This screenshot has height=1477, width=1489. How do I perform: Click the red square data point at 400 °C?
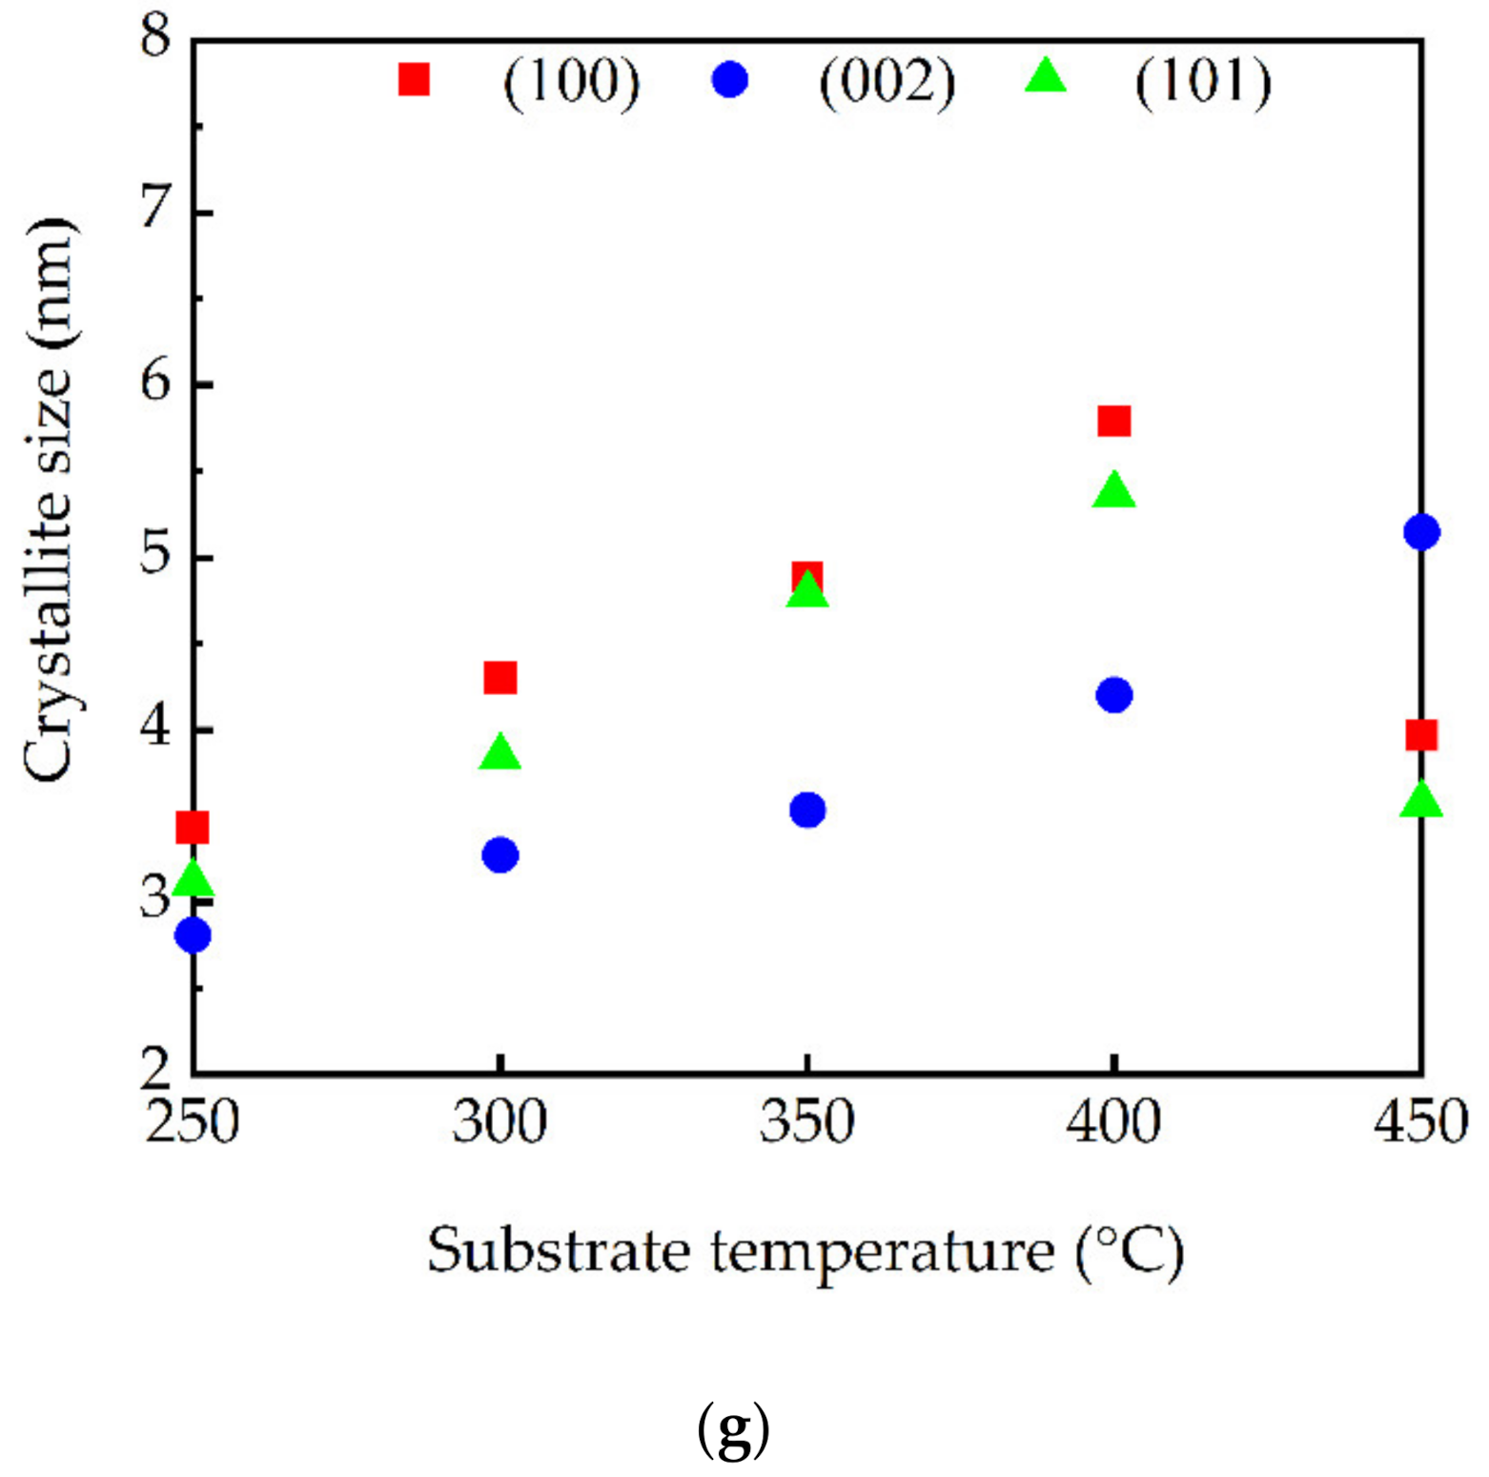pyautogui.click(x=1113, y=421)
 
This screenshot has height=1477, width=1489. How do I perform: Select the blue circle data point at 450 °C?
pyautogui.click(x=1420, y=532)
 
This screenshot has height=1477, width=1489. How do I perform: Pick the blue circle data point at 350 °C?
pyautogui.click(x=807, y=810)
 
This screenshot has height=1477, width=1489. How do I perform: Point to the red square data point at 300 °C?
pyautogui.click(x=500, y=678)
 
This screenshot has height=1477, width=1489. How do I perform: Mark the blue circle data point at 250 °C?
pyautogui.click(x=194, y=935)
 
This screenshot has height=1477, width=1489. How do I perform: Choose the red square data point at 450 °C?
pyautogui.click(x=1420, y=735)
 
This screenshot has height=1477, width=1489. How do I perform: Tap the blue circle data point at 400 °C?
pyautogui.click(x=1113, y=695)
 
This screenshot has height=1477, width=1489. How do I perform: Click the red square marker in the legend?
pyautogui.click(x=414, y=80)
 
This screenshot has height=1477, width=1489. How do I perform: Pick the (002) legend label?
pyautogui.click(x=887, y=83)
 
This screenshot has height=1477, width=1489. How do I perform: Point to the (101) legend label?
pyautogui.click(x=1202, y=83)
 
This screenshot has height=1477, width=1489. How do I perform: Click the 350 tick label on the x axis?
pyautogui.click(x=806, y=1123)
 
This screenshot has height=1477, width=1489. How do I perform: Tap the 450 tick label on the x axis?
pyautogui.click(x=1420, y=1123)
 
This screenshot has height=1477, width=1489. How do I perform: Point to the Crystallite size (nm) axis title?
pyautogui.click(x=48, y=500)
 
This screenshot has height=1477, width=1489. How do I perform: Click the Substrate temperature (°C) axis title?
pyautogui.click(x=806, y=1251)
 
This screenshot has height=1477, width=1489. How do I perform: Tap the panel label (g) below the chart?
pyautogui.click(x=733, y=1430)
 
